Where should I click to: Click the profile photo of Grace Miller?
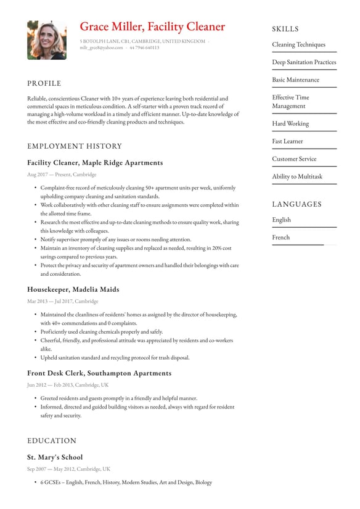47,40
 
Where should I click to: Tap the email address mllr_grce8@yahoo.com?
101,48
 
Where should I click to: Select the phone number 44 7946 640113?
144,48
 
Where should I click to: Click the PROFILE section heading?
44,83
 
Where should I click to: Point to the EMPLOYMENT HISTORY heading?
75,146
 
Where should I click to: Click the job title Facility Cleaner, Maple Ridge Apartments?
95,163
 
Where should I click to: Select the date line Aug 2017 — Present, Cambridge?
62,175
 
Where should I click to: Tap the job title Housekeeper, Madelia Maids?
73,289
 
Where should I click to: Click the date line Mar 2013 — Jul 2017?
62,302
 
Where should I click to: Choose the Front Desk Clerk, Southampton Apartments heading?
99,373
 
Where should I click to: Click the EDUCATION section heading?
52,441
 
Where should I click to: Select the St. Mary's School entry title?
55,458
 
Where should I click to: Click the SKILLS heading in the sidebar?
285,29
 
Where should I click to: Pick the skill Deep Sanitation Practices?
304,62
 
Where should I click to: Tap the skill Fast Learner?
287,141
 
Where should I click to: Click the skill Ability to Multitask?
297,176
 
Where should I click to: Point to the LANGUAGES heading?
297,204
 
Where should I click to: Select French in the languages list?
280,238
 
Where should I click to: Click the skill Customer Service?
294,159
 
